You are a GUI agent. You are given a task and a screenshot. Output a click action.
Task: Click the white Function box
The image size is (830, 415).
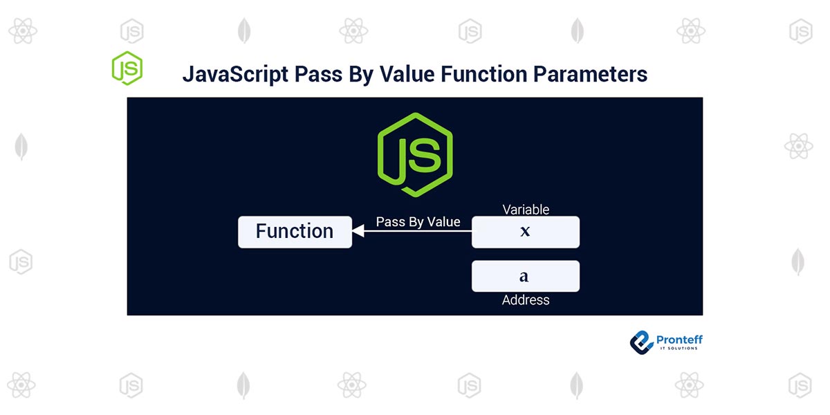295,232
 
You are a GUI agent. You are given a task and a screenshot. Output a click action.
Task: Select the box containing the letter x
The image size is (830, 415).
525,232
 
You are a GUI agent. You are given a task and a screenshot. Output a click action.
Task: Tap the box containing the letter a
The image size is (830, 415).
525,276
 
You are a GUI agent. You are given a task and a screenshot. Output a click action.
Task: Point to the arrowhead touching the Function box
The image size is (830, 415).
358,232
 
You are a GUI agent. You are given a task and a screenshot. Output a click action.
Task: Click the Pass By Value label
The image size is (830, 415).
418,222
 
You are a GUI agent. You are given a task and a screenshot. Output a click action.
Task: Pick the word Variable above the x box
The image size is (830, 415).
526,210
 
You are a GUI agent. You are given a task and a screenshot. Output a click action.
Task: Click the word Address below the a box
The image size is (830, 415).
526,300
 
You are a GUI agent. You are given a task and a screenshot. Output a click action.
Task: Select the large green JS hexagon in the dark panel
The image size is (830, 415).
415,154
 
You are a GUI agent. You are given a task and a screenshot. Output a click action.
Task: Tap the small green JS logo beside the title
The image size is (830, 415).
127,68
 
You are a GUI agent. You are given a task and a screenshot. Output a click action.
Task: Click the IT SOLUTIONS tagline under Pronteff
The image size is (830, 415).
678,348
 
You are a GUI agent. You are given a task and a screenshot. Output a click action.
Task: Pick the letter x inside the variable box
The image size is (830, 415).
525,232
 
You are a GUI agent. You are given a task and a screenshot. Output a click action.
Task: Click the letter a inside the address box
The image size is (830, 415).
524,277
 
